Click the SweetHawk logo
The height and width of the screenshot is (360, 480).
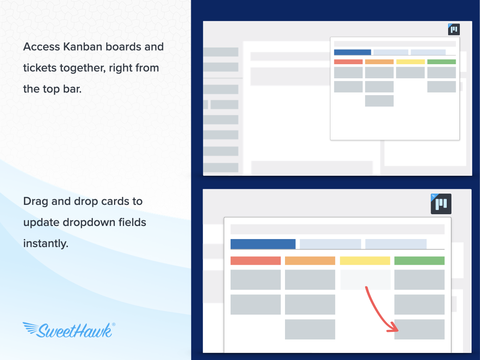click(69, 330)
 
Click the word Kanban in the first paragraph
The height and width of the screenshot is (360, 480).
click(82, 47)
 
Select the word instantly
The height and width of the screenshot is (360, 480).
click(45, 244)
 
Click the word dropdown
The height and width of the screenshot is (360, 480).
click(89, 223)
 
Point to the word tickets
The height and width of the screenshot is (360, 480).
click(40, 68)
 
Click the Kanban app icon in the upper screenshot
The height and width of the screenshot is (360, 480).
click(454, 30)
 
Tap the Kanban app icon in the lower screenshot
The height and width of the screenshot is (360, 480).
click(441, 204)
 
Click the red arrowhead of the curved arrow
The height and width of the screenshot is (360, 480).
click(393, 328)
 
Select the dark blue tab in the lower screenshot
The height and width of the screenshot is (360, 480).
click(263, 244)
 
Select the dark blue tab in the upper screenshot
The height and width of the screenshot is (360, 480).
click(352, 52)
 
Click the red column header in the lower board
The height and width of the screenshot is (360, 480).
click(255, 261)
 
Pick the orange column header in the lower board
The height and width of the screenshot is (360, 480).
click(310, 261)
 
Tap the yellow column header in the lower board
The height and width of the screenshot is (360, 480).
click(365, 261)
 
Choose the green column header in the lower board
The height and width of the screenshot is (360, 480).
click(419, 261)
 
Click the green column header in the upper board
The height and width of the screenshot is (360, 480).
click(442, 62)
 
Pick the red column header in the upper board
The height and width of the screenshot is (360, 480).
click(348, 62)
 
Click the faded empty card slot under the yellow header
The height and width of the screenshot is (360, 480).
click(365, 279)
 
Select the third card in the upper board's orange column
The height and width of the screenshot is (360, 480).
click(379, 101)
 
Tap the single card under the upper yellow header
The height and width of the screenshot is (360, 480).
click(410, 73)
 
